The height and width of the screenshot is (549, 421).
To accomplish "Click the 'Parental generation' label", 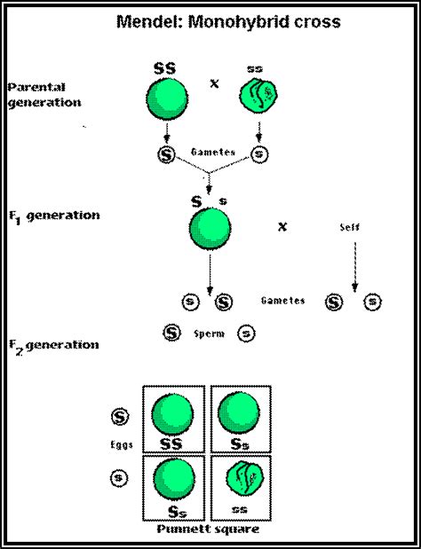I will click(44, 94).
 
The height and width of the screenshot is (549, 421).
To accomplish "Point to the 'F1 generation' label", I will click(53, 216).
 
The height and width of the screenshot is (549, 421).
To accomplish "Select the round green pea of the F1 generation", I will click(210, 232).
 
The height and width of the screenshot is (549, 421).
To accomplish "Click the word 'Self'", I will click(352, 227).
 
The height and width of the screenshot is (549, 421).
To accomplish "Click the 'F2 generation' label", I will click(53, 344).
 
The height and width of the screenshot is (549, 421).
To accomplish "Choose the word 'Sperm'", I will click(210, 335).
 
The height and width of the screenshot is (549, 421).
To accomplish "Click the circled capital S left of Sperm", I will click(172, 334).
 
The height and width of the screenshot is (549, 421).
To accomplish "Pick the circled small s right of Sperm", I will click(247, 334).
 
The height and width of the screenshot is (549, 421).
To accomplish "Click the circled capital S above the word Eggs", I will click(118, 415).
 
